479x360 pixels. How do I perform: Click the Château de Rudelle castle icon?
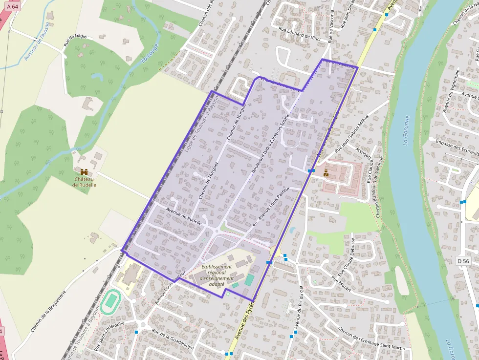[x=85, y=171]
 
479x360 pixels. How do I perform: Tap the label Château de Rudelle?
[x=84, y=182]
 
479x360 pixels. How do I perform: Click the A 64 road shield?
[x=12, y=6]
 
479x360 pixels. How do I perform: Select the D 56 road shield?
[x=463, y=261]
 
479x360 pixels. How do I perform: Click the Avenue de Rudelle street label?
[x=184, y=213]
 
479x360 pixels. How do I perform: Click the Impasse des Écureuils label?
[x=456, y=148]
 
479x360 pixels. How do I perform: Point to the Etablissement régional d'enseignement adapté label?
[x=217, y=275]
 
